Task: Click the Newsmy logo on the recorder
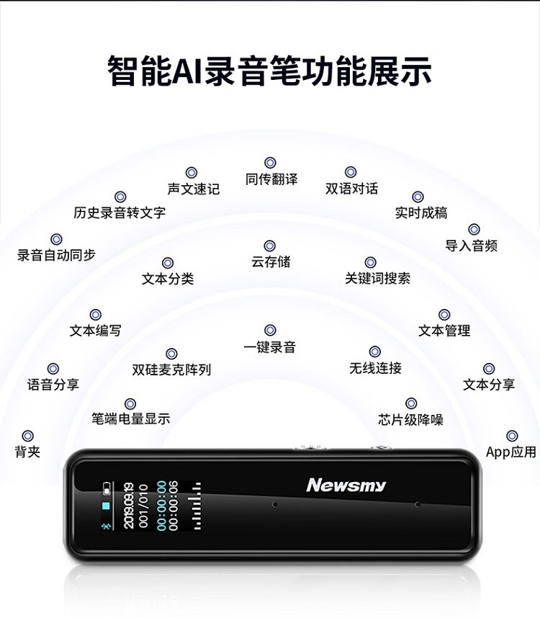coord(346,485)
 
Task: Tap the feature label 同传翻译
coord(271,179)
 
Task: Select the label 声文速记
coord(193,189)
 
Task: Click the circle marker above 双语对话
coord(351,172)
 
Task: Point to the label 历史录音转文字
coord(120,212)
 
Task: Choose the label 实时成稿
coord(421,212)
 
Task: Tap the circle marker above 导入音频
coord(474,229)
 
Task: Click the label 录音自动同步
coord(56,255)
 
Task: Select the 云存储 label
coord(271,262)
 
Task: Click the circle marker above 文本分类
coord(168,263)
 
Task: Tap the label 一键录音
coord(270,347)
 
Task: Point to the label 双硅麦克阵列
coord(171,370)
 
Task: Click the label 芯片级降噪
coord(410,419)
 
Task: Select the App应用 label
coord(511,452)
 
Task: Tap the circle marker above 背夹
coord(27,436)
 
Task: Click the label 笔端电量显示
coord(130,418)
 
